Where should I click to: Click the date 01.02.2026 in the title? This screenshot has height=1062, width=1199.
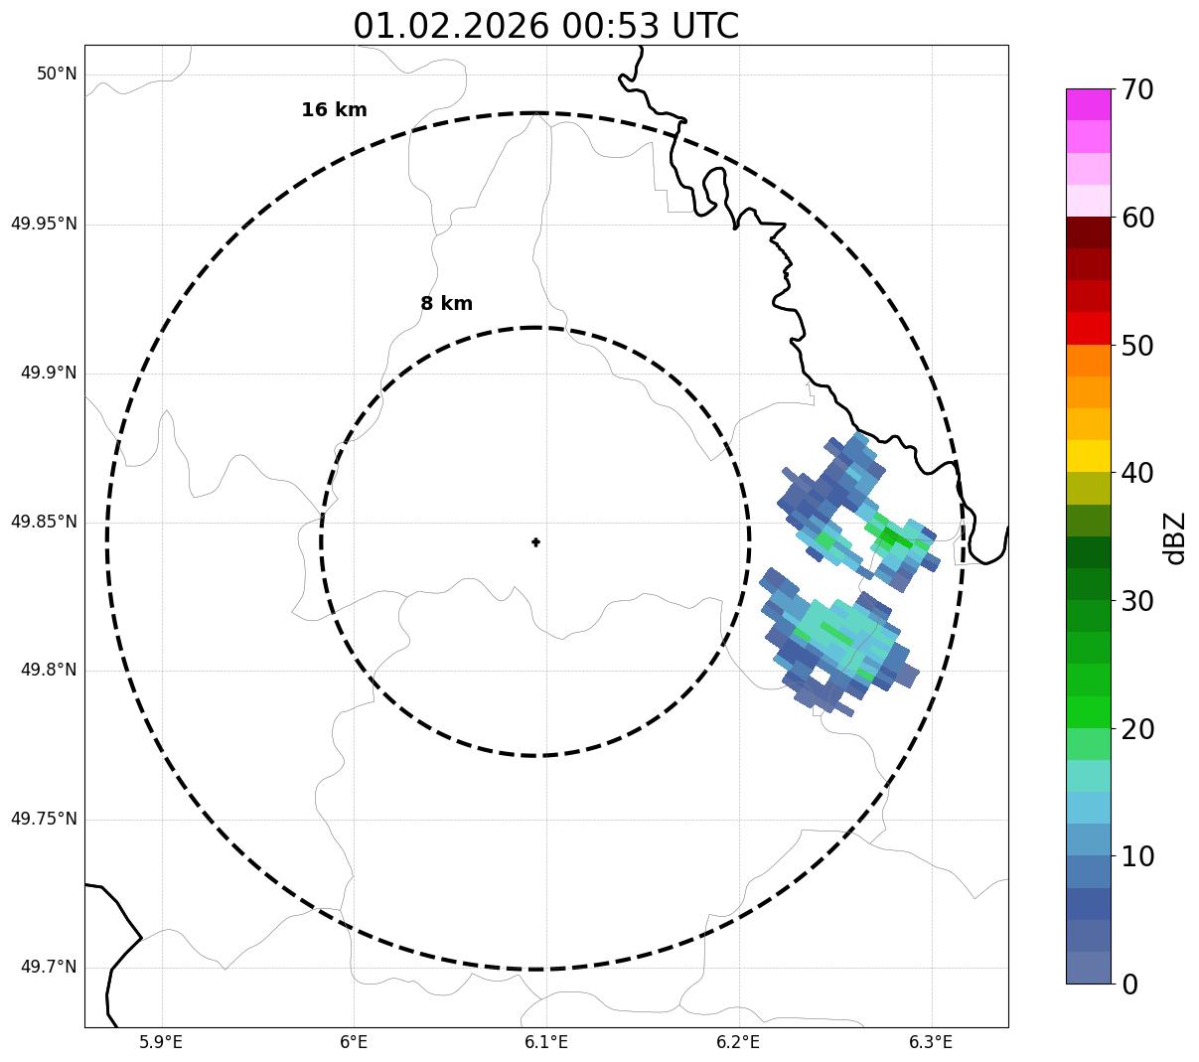click(450, 26)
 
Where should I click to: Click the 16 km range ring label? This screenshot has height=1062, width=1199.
click(334, 110)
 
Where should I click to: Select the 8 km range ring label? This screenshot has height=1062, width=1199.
click(446, 304)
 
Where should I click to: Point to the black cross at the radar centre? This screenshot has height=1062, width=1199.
click(536, 541)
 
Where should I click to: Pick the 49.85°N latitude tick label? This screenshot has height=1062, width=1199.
click(44, 522)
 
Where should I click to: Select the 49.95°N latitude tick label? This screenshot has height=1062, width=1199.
click(44, 224)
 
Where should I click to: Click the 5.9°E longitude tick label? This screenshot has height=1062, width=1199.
click(161, 1042)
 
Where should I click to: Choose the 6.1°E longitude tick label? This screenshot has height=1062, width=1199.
click(546, 1042)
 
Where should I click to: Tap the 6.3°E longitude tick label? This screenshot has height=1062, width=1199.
click(931, 1042)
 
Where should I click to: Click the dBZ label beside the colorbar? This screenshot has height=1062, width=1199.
click(1175, 538)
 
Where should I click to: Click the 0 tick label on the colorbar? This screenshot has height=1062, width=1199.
click(1129, 985)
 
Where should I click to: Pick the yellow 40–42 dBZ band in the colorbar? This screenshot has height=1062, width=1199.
click(1088, 456)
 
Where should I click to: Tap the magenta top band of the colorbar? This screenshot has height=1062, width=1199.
click(1088, 104)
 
